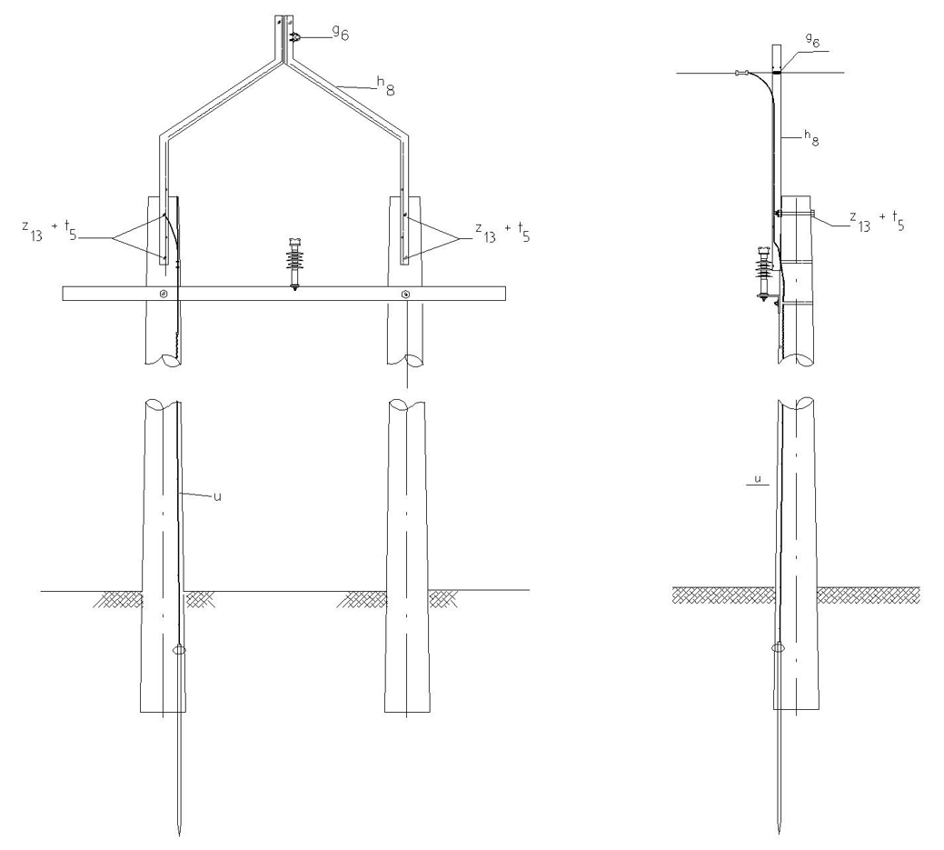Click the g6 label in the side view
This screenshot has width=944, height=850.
tap(813, 40)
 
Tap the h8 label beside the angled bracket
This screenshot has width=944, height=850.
tap(386, 86)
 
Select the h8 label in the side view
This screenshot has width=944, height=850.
tap(811, 139)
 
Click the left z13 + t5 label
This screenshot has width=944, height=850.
tap(49, 231)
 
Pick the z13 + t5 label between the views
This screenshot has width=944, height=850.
tap(502, 232)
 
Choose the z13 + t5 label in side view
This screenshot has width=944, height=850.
tap(877, 221)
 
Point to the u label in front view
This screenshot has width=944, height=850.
tap(217, 496)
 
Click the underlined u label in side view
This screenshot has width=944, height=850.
tap(758, 480)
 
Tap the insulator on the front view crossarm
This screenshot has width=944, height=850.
tap(294, 264)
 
